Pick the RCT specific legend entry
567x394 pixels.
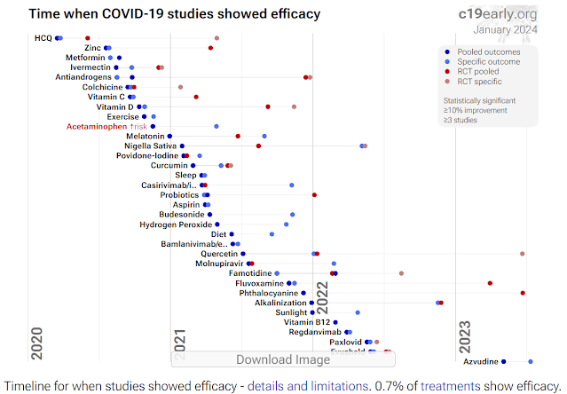(x=480, y=81)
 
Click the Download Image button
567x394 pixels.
(x=282, y=359)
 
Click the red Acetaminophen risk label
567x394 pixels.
(x=106, y=126)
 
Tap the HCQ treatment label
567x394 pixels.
(x=43, y=38)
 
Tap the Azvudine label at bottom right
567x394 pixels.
(x=479, y=361)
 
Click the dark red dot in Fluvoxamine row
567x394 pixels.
(x=490, y=283)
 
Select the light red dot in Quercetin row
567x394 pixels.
(x=522, y=254)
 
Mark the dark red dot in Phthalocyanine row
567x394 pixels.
(x=523, y=293)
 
